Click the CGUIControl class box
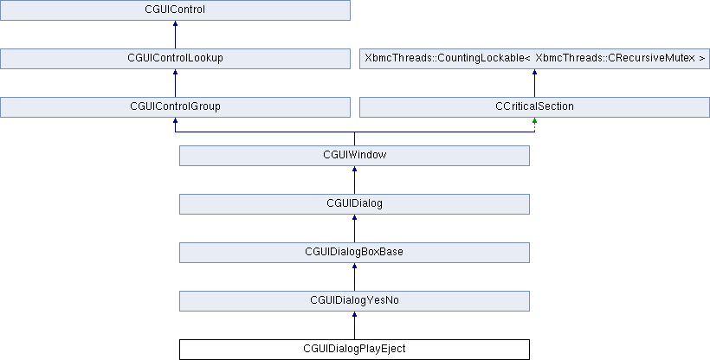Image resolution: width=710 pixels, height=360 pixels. click(175, 10)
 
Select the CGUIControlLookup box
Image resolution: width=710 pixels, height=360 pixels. click(175, 59)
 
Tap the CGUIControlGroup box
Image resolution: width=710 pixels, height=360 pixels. click(175, 107)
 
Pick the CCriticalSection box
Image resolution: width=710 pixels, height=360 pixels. click(534, 107)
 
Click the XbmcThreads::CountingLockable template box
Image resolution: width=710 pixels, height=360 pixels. click(534, 59)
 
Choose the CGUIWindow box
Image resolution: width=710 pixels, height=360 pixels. click(354, 156)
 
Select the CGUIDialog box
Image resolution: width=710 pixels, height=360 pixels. click(354, 204)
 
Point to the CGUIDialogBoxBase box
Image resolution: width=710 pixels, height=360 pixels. click(354, 253)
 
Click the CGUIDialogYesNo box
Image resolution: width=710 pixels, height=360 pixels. click(354, 301)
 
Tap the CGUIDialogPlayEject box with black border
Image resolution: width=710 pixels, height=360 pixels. click(354, 350)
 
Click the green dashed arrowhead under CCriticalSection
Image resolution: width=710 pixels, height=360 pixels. click(534, 120)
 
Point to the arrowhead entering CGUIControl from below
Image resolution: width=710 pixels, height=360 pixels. click(175, 23)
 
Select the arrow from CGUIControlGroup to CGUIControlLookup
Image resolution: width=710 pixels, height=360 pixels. click(175, 83)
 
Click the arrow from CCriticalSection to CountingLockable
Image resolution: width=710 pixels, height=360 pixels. click(534, 83)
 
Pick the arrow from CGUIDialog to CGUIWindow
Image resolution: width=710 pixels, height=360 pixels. click(354, 180)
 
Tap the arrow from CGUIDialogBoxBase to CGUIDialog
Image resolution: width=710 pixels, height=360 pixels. click(354, 228)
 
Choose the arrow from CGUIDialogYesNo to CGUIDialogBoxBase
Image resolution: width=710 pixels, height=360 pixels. click(354, 277)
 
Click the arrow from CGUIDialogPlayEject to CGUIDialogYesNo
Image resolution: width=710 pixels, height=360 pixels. click(354, 325)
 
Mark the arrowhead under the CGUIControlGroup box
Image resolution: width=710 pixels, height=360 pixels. click(175, 120)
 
